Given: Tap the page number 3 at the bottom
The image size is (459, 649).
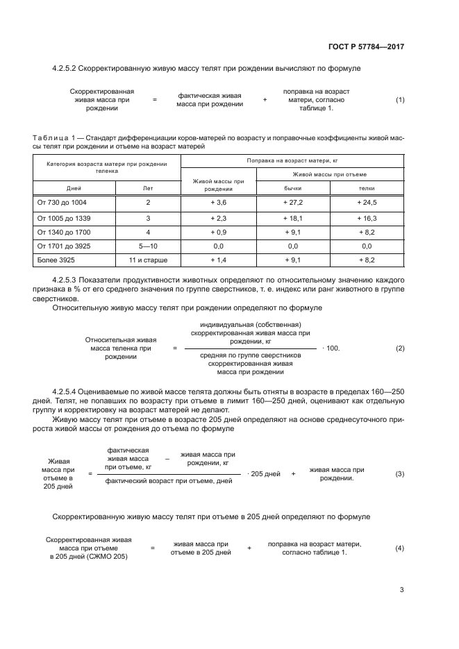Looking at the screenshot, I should pos(401,590).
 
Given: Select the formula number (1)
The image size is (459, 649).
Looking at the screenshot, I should pos(400,100).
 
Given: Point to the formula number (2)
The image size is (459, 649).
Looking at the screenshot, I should pos(400,348).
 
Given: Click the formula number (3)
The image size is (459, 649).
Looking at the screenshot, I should pos(400,473).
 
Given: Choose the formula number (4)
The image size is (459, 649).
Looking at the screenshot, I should pos(400,548).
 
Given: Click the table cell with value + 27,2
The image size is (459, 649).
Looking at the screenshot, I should pos(292,202).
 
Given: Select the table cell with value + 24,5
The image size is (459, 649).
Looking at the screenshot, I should pos(367,202).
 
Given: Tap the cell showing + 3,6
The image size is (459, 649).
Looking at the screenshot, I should pos(219,202).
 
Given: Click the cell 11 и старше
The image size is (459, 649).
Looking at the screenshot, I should pos(148,260).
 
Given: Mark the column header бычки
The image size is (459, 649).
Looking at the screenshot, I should pos(292,188).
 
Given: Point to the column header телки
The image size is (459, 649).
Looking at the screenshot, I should pos(367,188).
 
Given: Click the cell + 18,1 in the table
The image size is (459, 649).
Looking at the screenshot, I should pos(292,217).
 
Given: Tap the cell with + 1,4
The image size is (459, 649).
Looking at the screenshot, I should pos(219,260).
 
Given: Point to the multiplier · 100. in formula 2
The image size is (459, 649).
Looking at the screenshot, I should pos(331,348).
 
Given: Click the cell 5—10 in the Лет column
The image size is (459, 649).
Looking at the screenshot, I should pos(148,246).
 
